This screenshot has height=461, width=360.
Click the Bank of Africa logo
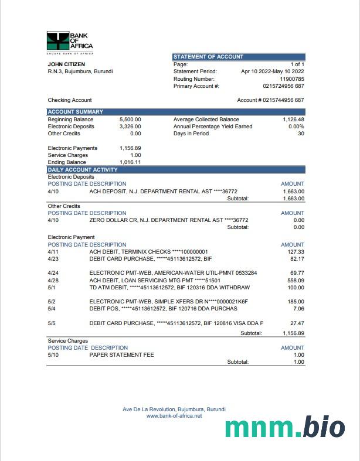(x=69, y=41)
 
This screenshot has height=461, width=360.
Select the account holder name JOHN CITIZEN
(x=66, y=64)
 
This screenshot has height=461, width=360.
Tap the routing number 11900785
(x=292, y=78)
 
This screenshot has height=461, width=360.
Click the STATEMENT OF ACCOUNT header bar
(x=239, y=57)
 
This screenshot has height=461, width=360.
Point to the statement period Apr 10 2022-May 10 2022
(x=273, y=71)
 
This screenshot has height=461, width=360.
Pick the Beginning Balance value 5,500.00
(x=130, y=119)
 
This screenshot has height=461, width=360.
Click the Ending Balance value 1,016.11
(x=130, y=162)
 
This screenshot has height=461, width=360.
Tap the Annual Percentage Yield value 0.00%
(x=296, y=127)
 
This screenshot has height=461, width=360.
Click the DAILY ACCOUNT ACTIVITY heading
(x=83, y=170)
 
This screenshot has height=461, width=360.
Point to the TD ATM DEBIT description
(x=169, y=288)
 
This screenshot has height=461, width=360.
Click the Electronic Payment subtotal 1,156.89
(x=292, y=333)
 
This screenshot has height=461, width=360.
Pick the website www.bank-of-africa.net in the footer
(x=174, y=416)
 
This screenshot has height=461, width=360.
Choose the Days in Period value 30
(x=301, y=134)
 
